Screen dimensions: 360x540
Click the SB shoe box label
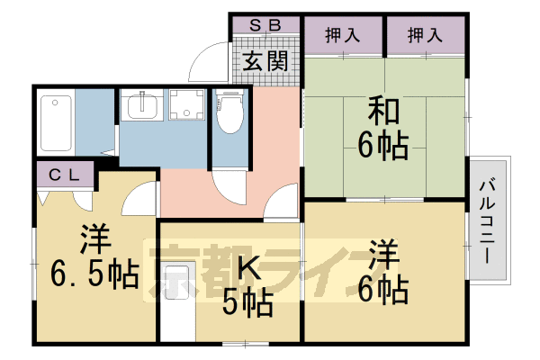(x=265, y=25)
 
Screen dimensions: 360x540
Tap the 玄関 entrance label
(x=265, y=64)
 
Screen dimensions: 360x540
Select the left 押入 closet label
(x=344, y=36)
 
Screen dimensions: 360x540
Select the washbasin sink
(x=142, y=109)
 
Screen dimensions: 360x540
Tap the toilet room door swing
(x=227, y=184)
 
